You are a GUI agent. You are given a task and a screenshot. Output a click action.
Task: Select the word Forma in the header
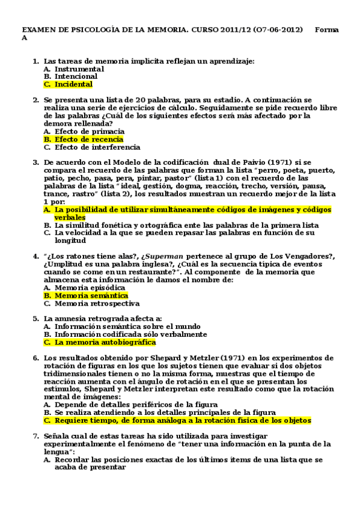coord(326,29)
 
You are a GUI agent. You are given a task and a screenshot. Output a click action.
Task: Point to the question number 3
coord(35,162)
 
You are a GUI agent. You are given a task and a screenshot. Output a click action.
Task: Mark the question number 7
coord(35,436)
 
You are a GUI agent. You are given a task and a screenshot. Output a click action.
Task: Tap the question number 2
coord(35,100)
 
